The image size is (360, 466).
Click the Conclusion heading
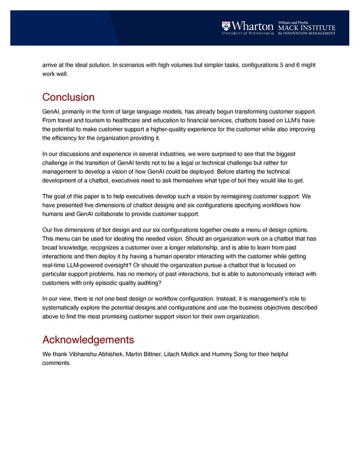68,97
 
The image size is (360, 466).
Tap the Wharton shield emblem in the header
226,26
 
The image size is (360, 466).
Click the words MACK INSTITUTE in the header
306,28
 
